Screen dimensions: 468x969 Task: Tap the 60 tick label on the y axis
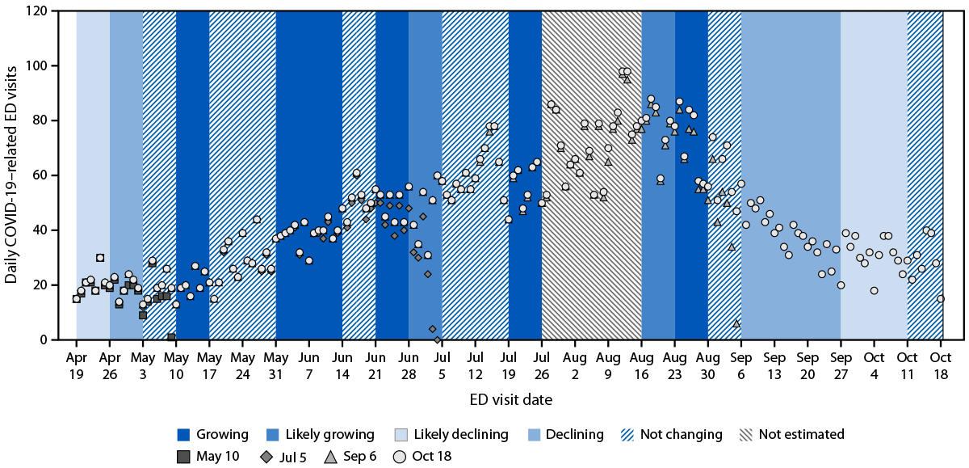[x=47, y=175]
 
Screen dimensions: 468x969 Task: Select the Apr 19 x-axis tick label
[x=77, y=364]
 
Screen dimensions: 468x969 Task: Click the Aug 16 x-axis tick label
[x=641, y=364]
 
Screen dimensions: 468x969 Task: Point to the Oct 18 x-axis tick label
[x=941, y=364]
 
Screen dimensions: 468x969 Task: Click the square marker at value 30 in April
[x=99, y=258]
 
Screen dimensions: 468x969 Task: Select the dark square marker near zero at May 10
[x=171, y=337]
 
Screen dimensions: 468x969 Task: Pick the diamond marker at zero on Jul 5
[x=438, y=340]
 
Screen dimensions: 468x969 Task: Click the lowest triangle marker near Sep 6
[x=736, y=323]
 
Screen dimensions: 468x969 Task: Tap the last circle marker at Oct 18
[x=941, y=299]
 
